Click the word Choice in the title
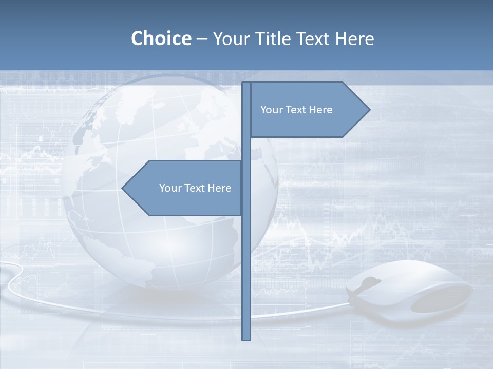[161, 38]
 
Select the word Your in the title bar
[231, 38]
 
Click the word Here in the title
[355, 38]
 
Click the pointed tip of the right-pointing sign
[369, 109]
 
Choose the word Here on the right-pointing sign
[320, 110]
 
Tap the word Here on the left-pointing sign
[219, 188]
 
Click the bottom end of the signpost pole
[246, 338]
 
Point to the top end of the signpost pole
[246, 84]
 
